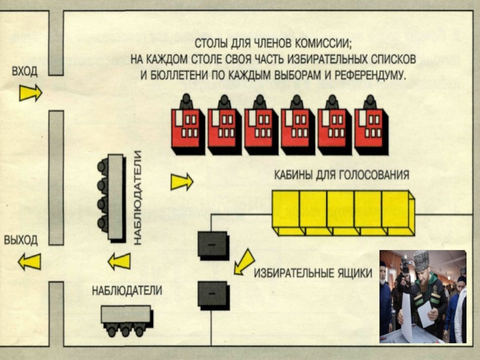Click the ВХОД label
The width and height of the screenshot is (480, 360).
point(25,71)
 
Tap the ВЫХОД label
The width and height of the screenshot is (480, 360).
point(22,239)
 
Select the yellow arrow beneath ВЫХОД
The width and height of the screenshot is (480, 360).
point(29,262)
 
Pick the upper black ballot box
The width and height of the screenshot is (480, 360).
point(213,244)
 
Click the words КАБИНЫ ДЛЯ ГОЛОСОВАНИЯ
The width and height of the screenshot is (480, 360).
point(341,176)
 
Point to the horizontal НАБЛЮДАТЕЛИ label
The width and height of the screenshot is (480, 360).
point(127,291)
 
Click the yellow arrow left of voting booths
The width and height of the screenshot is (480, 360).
point(182,181)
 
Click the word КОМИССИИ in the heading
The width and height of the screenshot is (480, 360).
point(320,44)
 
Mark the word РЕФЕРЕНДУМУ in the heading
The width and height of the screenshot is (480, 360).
point(367,77)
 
